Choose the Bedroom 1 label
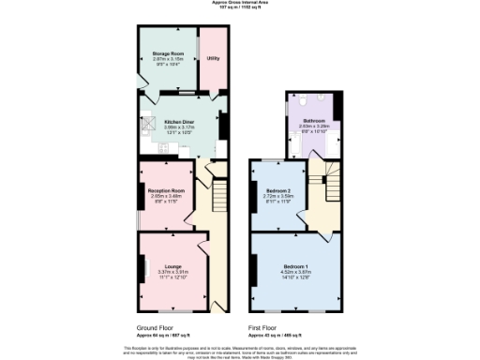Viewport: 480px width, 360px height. coord(296,266)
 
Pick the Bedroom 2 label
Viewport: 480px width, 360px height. coord(278,190)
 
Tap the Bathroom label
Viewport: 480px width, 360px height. coord(314,122)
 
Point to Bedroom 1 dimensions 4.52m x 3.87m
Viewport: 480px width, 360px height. coord(296,273)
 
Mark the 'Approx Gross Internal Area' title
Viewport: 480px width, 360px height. coord(240,3)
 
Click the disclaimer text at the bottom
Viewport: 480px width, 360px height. coord(240,351)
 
